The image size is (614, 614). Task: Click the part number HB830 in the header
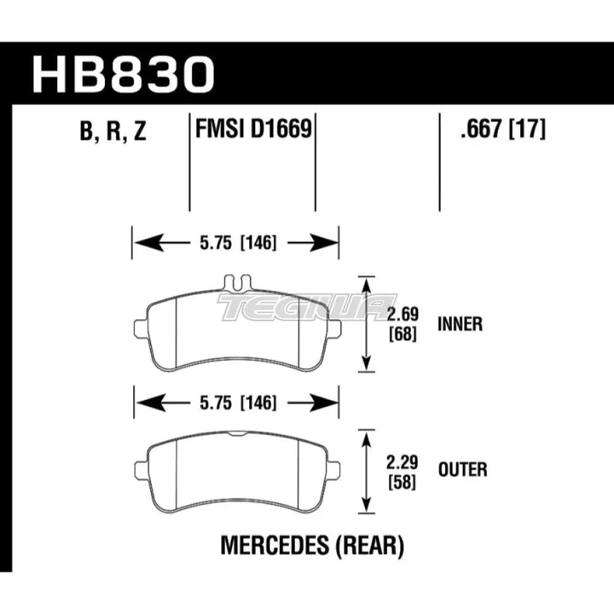click(x=123, y=73)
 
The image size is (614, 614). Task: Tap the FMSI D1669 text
click(x=252, y=130)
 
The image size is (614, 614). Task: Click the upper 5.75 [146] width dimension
click(x=236, y=243)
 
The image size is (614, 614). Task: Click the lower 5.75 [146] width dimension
click(x=236, y=403)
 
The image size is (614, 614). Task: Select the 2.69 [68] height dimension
click(x=403, y=324)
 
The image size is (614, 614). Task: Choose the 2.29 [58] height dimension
click(x=403, y=471)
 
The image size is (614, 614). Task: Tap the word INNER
click(x=460, y=324)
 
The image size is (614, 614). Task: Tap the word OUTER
click(x=462, y=470)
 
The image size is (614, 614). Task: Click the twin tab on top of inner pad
click(x=236, y=282)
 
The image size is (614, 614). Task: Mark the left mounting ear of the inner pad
click(x=140, y=327)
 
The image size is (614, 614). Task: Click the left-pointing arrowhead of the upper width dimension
click(x=145, y=243)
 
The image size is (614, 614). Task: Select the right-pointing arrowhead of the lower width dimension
click(x=328, y=403)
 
